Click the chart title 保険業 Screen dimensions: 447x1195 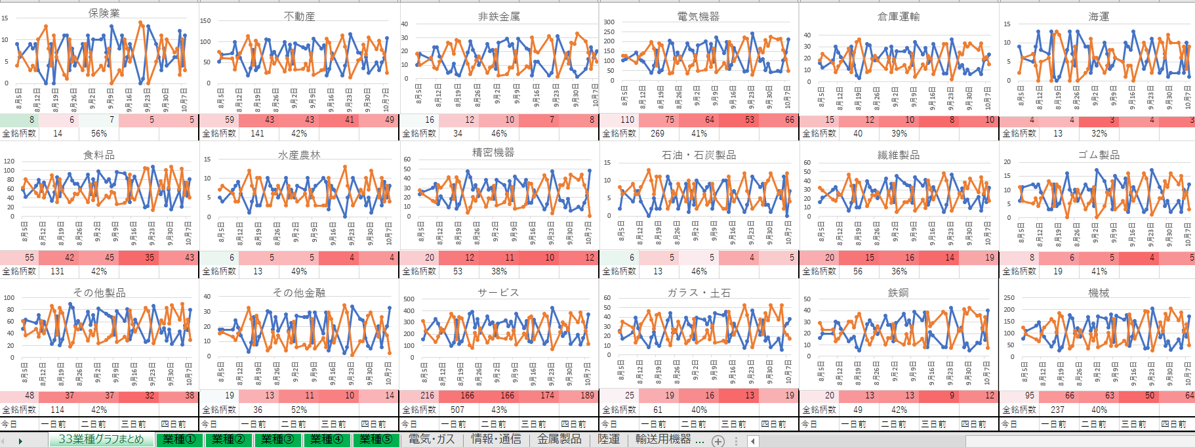point(104,13)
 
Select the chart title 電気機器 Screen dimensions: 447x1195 point(698,16)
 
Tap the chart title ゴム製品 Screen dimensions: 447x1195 point(1099,155)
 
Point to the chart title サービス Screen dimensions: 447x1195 point(498,293)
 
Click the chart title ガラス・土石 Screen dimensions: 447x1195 point(699,293)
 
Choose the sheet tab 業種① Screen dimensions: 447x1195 point(179,439)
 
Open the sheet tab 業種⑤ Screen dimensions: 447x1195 point(376,439)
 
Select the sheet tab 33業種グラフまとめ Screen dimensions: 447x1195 point(101,439)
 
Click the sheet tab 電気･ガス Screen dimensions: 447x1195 point(432,439)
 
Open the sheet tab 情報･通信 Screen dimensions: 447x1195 point(496,439)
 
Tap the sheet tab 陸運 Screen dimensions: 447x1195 point(609,439)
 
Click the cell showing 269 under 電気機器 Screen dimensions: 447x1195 point(657,133)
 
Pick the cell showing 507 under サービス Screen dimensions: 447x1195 point(457,410)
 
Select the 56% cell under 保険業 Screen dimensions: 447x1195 point(99,133)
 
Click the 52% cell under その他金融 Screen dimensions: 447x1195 point(299,410)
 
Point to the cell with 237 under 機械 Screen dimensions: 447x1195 point(1057,410)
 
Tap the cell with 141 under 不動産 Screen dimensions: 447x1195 point(257,133)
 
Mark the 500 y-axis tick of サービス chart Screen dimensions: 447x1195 point(409,299)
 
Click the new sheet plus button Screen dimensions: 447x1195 point(718,440)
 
